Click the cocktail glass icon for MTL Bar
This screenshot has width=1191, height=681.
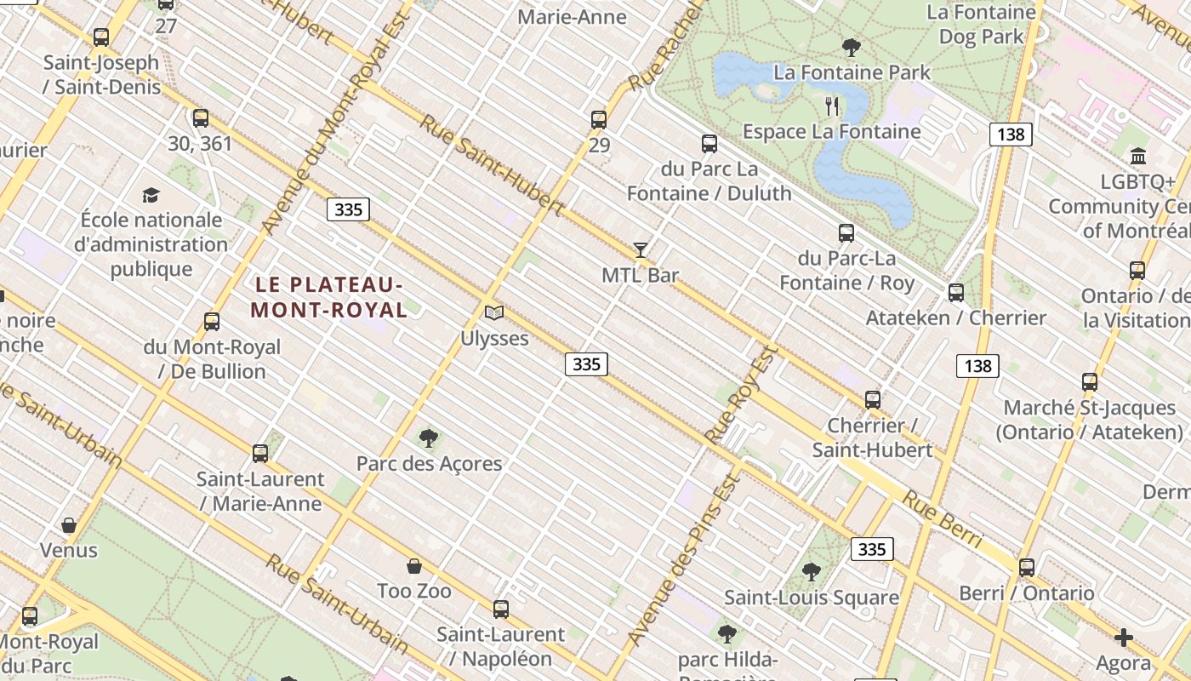coord(641,249)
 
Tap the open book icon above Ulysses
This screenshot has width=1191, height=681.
coord(494,312)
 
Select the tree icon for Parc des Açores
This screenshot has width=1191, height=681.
coord(429,438)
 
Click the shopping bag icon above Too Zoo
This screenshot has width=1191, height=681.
coord(414,566)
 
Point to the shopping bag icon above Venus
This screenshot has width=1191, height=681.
coord(69,525)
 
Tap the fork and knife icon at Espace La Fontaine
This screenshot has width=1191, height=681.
coord(832,106)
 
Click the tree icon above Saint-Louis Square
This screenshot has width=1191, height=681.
coord(812,572)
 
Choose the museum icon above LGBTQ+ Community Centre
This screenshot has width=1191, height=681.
coord(1138,156)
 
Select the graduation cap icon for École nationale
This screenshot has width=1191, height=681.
coord(151,195)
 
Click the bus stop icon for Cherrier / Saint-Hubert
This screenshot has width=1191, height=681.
coord(872,399)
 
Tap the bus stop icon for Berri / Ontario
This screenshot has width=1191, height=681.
coord(1027,567)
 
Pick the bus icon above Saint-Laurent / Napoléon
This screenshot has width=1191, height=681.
coord(501,609)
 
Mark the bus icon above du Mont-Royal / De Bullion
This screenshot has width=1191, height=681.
coord(212,322)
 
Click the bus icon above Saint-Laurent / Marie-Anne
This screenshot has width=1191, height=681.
coord(260,454)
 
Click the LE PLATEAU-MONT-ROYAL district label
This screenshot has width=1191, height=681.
coord(329,297)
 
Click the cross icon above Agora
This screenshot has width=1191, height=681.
coord(1123,638)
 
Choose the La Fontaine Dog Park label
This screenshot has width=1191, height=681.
coord(981,25)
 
